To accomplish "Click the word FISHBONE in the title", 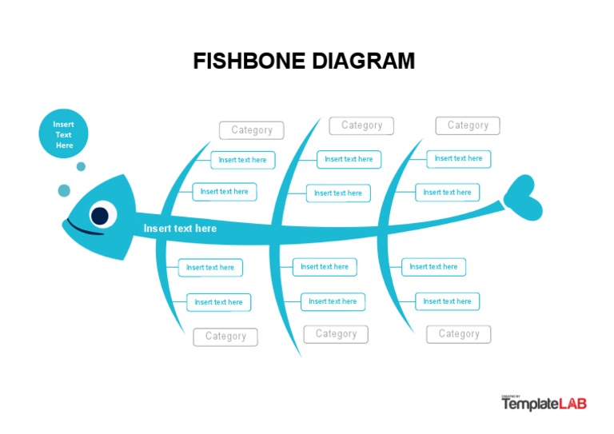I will coord(249,62).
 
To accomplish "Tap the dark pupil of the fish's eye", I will coord(100,215).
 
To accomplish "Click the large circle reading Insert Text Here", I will coord(63,134).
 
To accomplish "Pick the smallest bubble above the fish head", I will coord(81,166).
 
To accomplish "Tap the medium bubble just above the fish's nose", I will coord(64,190).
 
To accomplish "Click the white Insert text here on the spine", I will coord(180,229).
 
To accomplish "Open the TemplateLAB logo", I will coord(544,404).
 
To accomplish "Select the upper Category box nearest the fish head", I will coord(252,130).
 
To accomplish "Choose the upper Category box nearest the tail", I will coord(468,125).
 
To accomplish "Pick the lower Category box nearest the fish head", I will coord(225,336).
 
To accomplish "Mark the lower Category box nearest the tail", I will coord(459,334).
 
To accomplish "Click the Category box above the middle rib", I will coord(361,125).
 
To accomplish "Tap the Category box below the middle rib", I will coord(336,334).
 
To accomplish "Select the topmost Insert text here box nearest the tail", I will coord(458,159).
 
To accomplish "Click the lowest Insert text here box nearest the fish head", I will coord(218,302).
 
